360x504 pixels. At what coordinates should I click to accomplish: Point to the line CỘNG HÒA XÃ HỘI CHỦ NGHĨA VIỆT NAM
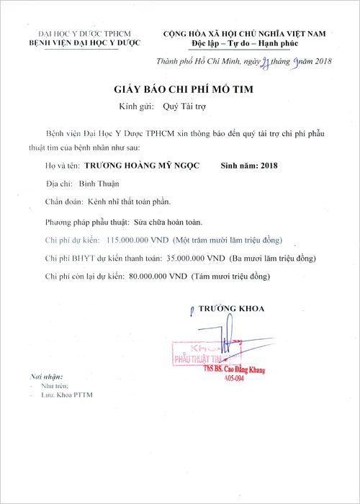245,34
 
